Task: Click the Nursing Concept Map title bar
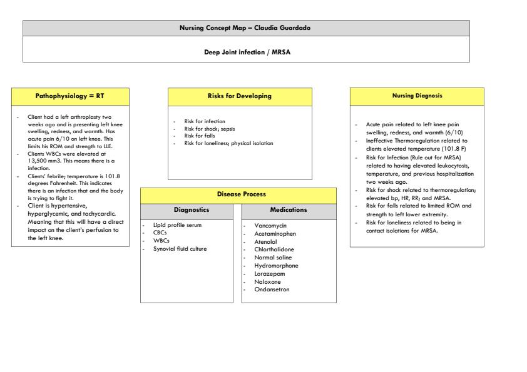click(246, 28)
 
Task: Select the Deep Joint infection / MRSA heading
click(247, 52)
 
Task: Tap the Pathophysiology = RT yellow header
click(70, 96)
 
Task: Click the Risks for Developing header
click(240, 96)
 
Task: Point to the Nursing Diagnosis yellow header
click(416, 96)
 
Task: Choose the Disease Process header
click(242, 194)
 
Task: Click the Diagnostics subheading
click(191, 211)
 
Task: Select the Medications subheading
click(289, 211)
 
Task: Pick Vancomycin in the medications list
click(270, 226)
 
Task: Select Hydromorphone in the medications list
click(276, 266)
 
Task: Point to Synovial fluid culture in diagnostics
click(180, 249)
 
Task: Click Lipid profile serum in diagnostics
click(177, 224)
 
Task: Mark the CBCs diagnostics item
click(160, 233)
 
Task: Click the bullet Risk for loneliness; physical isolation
click(228, 144)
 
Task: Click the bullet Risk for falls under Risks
click(200, 136)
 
